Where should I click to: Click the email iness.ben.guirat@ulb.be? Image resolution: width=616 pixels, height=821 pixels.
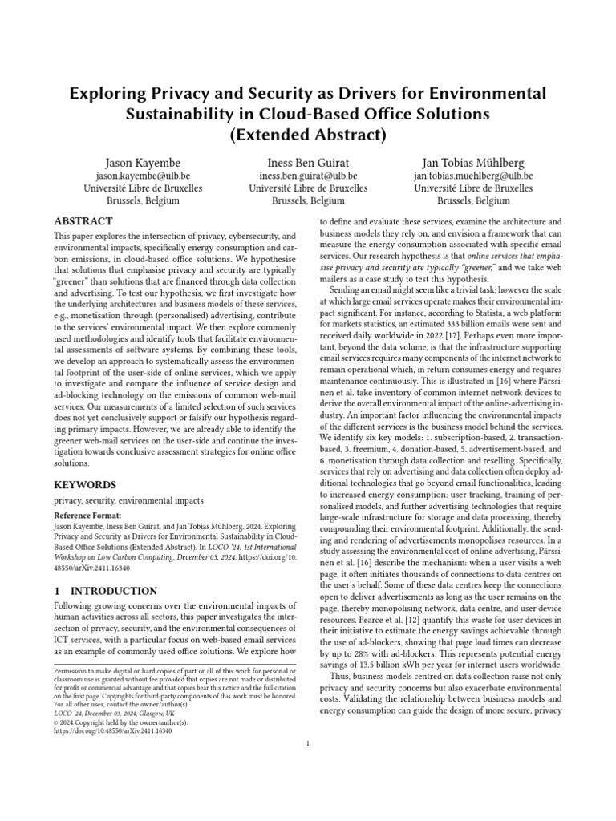click(x=307, y=175)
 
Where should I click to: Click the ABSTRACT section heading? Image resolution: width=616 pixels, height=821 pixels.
click(x=83, y=220)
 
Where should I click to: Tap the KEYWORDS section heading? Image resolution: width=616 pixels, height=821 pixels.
click(x=85, y=485)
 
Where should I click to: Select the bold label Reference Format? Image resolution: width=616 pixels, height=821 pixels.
click(x=87, y=515)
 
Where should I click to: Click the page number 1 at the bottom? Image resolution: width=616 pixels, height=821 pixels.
click(x=308, y=743)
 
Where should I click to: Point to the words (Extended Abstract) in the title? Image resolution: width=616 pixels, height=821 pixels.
click(x=308, y=134)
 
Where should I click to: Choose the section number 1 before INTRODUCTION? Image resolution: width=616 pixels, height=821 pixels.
click(x=57, y=591)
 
